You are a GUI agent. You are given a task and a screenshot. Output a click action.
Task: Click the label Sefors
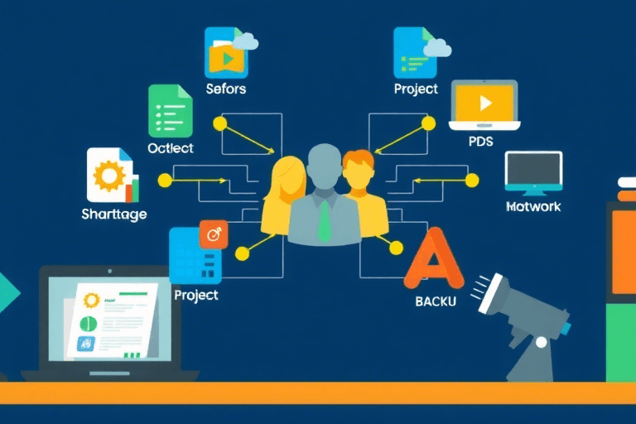[x=226, y=89]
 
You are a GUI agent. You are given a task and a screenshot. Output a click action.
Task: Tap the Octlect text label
[x=171, y=148]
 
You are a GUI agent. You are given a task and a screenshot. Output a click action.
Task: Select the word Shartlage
[x=114, y=214]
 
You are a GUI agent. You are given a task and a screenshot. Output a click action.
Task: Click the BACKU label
[x=436, y=301]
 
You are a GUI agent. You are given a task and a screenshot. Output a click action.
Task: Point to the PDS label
[x=480, y=142]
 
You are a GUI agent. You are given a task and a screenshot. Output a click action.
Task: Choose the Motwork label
[x=533, y=206]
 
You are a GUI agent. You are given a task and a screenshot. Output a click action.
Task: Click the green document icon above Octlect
[x=170, y=111]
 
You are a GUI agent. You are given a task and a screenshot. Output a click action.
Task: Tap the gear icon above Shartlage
[x=108, y=176]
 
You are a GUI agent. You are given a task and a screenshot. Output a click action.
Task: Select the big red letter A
[x=434, y=259]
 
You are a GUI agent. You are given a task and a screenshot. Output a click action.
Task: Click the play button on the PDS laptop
[x=484, y=103]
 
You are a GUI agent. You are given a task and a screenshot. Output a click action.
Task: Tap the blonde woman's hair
[x=287, y=178]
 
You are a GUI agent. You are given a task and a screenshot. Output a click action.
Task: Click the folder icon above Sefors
[x=226, y=53]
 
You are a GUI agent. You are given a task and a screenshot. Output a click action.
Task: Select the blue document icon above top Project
[x=414, y=52]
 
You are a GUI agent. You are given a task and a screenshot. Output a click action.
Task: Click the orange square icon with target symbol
[x=213, y=235]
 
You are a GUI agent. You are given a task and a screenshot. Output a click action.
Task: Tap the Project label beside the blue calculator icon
[x=196, y=295]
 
